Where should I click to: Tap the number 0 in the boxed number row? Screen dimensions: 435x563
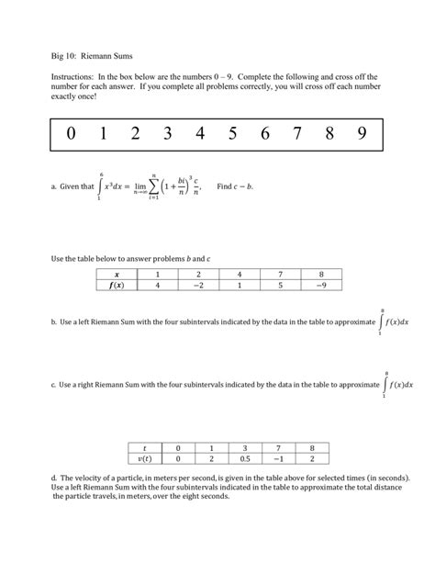point(72,134)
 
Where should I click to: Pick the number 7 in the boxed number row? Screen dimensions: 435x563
point(296,134)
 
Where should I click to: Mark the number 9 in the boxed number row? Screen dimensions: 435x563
point(363,134)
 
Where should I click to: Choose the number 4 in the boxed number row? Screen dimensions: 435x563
point(200,134)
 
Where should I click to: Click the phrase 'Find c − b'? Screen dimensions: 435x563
point(234,186)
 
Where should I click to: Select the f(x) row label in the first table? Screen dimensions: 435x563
point(117,285)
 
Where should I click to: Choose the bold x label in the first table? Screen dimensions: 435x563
point(117,274)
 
